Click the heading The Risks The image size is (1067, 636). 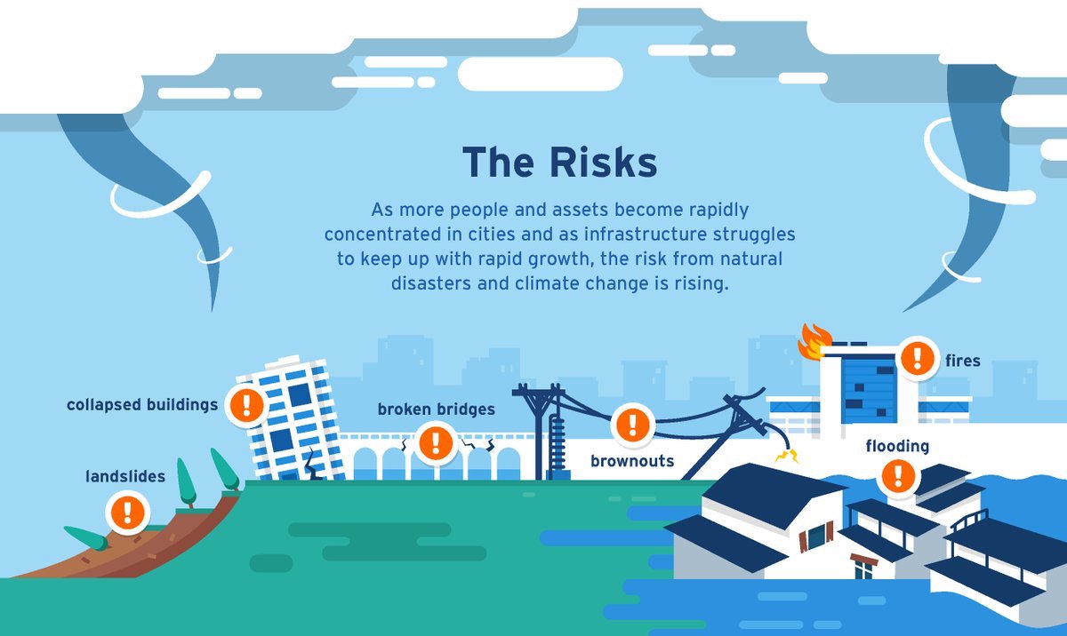[559, 163]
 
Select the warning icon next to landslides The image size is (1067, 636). [127, 512]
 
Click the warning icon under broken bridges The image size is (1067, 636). [435, 442]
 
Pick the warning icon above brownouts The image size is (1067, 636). [633, 424]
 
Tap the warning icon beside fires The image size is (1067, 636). [916, 358]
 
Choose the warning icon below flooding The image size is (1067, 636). [899, 475]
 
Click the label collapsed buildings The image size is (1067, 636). [142, 405]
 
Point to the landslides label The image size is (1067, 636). [125, 477]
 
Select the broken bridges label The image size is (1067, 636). [436, 409]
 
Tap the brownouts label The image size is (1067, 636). [632, 461]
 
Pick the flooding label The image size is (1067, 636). [897, 445]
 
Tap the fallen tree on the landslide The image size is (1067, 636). [86, 537]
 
